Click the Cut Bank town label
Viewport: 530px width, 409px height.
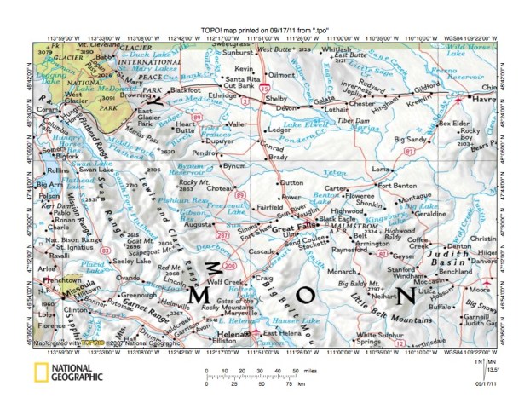coord(236,85)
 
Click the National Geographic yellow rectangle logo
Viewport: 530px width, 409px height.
coord(40,371)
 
